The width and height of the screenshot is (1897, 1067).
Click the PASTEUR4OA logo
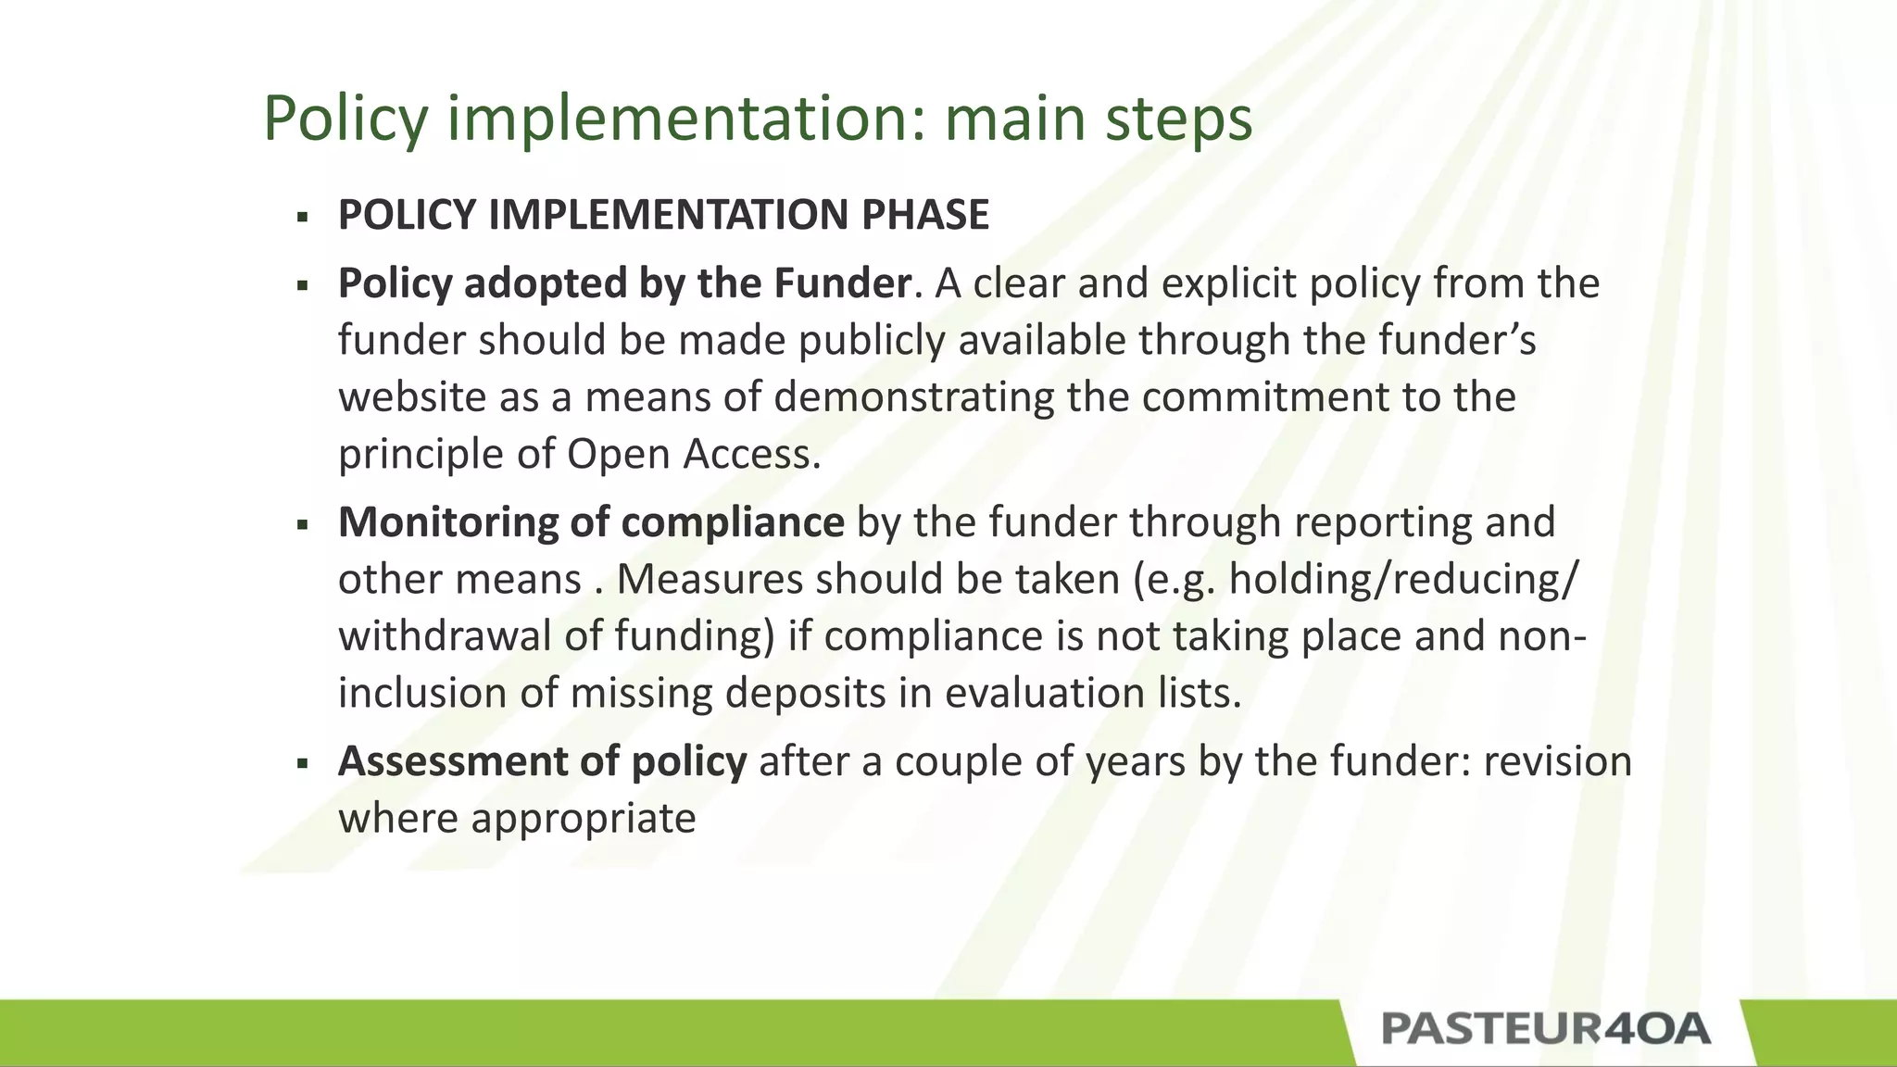[x=1545, y=1029]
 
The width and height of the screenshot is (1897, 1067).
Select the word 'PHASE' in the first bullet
[x=924, y=215]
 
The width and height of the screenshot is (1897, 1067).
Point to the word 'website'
[x=411, y=397]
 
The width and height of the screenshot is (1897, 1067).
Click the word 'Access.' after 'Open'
[x=752, y=455]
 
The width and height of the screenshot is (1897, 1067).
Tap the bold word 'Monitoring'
[x=447, y=523]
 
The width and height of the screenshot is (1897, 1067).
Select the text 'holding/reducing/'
[x=1402, y=580]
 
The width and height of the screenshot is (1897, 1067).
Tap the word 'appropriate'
[x=583, y=819]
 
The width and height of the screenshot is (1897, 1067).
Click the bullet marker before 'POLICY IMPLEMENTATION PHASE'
[x=302, y=218]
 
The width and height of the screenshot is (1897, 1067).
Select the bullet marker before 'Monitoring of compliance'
[x=302, y=525]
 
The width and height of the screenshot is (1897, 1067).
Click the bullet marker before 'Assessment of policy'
[x=302, y=764]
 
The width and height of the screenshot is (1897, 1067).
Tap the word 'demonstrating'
[x=913, y=397]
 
